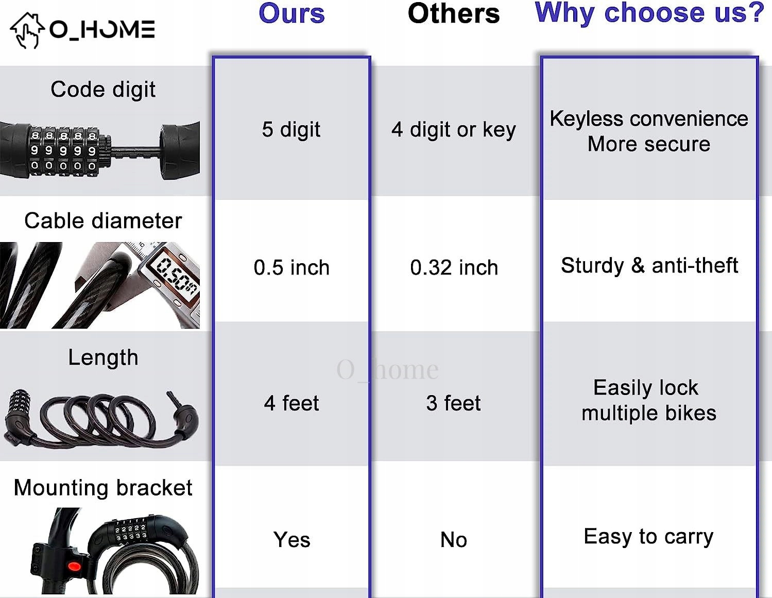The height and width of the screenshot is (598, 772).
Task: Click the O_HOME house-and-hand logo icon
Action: point(27,30)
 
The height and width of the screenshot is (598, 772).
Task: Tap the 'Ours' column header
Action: point(291,13)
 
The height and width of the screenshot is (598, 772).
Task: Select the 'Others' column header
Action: point(454,13)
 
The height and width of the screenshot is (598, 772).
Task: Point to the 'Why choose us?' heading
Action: point(649,13)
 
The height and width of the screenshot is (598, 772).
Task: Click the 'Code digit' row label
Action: point(103,89)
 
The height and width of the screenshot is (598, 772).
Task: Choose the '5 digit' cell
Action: point(291,129)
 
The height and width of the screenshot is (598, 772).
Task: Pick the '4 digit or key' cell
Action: point(454,130)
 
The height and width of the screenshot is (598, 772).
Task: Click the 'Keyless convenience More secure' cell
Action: point(649,131)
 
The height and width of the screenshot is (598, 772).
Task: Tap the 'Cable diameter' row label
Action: point(103,220)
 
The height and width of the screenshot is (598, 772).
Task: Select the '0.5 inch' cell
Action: point(291,267)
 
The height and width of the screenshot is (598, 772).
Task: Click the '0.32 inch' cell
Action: point(454,267)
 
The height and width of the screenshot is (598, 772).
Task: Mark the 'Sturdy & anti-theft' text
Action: point(649,265)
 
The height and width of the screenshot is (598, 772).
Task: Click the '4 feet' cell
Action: point(291,403)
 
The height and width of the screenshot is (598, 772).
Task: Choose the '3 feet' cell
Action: point(454,403)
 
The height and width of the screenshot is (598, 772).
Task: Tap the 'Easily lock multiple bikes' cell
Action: point(649,400)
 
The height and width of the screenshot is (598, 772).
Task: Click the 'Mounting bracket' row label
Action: point(103,487)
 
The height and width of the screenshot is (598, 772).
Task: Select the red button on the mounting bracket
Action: point(74,566)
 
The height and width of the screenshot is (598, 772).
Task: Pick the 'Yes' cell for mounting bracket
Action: point(291,539)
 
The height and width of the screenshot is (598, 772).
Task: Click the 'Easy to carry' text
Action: point(649,537)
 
